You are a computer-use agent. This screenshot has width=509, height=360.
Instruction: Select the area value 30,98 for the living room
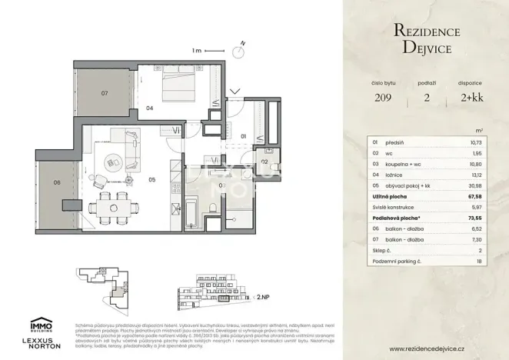483,185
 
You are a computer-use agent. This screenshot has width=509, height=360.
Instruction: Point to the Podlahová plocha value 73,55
483,218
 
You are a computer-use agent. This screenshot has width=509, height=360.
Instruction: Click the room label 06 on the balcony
57,182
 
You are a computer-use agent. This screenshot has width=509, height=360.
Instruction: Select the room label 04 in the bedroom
149,108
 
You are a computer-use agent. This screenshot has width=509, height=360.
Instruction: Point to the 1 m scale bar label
197,51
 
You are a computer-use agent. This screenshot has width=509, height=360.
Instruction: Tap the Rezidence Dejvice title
427,38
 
